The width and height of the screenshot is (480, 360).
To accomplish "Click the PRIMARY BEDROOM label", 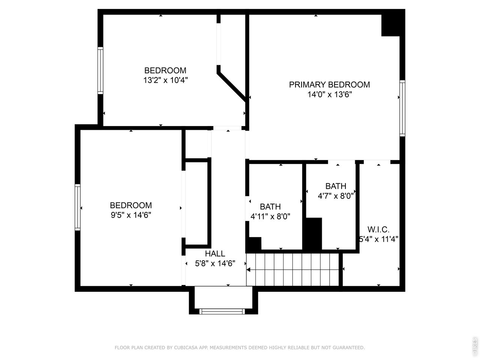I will click(329, 85).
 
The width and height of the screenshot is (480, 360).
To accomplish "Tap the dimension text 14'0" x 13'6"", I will click(329, 94).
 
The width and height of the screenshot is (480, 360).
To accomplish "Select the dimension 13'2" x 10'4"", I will click(165, 80).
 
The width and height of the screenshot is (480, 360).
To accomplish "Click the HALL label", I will click(215, 254).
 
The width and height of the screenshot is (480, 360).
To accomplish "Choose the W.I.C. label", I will click(378, 229).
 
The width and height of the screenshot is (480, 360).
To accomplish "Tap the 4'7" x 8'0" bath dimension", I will click(336, 195).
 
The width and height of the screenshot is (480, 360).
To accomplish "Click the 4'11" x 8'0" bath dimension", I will click(270, 216).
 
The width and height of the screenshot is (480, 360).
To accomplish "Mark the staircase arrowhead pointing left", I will click(248, 269).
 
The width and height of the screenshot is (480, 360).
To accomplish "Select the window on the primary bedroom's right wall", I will click(402, 108).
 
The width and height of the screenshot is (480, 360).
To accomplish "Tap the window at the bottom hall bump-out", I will click(222, 311).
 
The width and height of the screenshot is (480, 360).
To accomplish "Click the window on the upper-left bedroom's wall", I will click(100, 70).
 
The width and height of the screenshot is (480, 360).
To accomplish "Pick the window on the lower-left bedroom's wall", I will click(78, 207).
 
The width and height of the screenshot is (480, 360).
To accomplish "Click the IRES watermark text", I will click(475, 347).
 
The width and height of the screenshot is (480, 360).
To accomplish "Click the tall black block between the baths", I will click(312, 234).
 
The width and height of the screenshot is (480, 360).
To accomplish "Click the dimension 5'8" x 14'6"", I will click(215, 264).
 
